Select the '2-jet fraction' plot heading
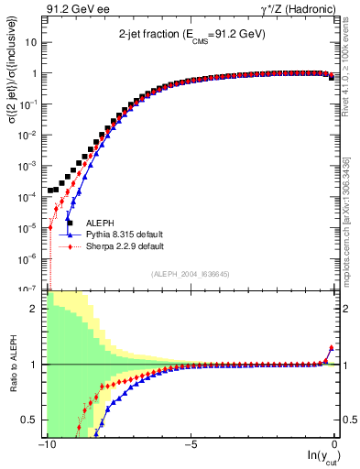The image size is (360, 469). click(191, 33)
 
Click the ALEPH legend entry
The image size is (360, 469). click(101, 223)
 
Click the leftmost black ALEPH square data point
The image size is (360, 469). click(51, 191)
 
